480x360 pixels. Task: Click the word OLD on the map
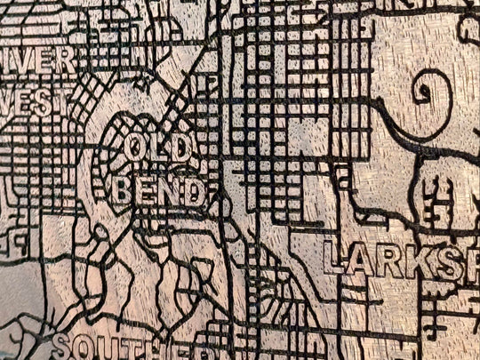[157, 148]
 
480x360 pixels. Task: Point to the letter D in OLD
[180, 149]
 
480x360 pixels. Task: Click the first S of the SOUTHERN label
[61, 347]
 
